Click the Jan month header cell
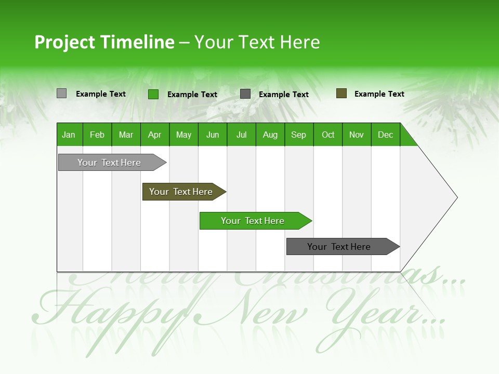(x=69, y=135)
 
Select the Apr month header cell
(x=155, y=135)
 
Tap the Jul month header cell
(x=241, y=135)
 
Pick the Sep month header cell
(x=299, y=135)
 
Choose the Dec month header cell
(x=385, y=135)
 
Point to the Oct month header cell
(x=327, y=135)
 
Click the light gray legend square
(x=61, y=94)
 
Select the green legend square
(x=153, y=94)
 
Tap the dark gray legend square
(x=245, y=94)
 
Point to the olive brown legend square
(x=341, y=94)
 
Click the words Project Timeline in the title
(x=104, y=42)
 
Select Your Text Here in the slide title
(x=257, y=42)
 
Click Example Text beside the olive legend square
(x=379, y=94)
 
